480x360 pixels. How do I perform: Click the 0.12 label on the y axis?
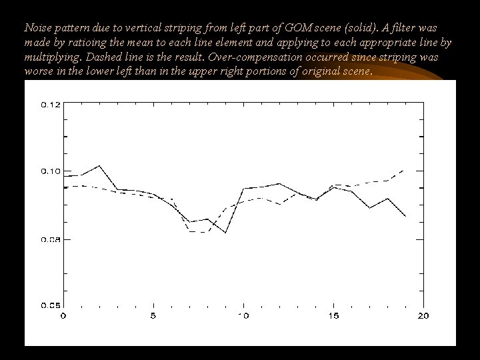tap(51, 105)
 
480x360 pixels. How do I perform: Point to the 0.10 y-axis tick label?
tap(51, 171)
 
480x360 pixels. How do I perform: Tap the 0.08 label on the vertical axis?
tap(51, 239)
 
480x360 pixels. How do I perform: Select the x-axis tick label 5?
tap(153, 315)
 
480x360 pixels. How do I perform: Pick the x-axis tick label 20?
tap(423, 315)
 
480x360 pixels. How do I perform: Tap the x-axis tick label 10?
tap(244, 315)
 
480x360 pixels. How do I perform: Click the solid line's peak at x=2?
tap(99, 165)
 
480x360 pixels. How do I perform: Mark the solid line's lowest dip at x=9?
tap(226, 233)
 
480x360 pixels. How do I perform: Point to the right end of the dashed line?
tap(405, 171)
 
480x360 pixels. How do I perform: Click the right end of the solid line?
tap(405, 217)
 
